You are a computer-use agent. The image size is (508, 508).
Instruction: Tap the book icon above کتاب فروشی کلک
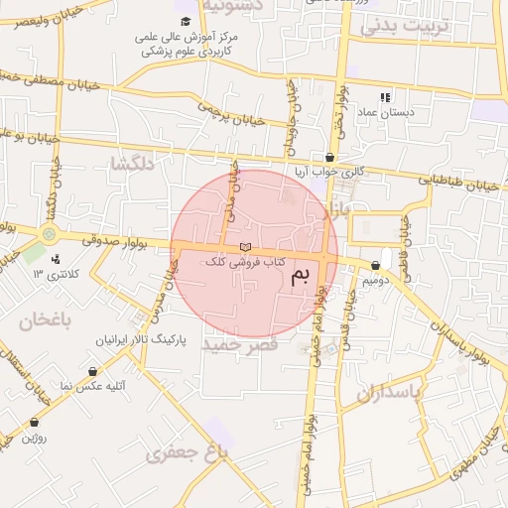(x=245, y=247)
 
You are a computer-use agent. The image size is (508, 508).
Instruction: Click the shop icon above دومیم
(x=375, y=266)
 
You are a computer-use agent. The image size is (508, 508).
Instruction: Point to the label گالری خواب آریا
(x=329, y=172)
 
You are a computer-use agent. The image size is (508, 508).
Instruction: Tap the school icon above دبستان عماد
(x=385, y=97)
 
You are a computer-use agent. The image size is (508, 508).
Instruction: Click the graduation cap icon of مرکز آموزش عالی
(x=186, y=21)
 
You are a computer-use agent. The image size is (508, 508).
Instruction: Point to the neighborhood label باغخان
(x=46, y=319)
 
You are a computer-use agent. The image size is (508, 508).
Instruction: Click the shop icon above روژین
(x=34, y=422)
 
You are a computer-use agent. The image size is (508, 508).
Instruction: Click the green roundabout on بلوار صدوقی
(x=49, y=234)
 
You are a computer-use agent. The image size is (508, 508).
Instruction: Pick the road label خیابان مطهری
(x=474, y=458)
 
